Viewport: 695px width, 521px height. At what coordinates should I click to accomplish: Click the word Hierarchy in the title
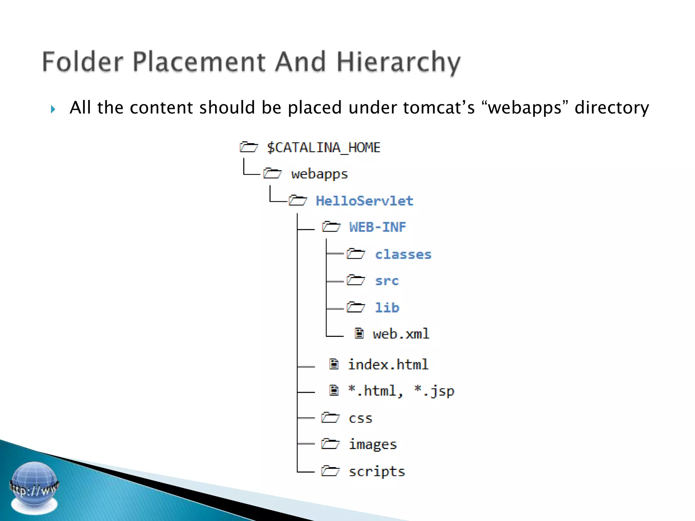tap(398, 62)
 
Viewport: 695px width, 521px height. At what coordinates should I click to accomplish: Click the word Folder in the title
tap(82, 62)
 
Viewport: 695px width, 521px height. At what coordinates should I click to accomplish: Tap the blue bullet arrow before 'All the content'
tap(53, 109)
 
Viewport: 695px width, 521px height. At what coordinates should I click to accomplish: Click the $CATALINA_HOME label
tap(323, 148)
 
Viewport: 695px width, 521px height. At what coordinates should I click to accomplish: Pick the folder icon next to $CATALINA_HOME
tap(249, 147)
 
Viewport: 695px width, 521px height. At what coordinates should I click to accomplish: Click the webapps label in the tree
tap(319, 174)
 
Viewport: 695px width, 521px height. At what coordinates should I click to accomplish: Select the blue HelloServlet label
tap(364, 201)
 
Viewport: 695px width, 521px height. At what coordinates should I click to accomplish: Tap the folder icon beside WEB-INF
tap(331, 227)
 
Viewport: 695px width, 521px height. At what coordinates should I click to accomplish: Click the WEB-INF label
tap(377, 227)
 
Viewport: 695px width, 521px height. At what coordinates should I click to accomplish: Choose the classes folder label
tap(403, 254)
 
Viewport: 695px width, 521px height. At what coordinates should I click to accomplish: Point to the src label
tap(387, 281)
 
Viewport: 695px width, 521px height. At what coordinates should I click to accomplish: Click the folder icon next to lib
tap(356, 307)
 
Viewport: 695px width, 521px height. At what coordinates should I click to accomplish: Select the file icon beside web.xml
tap(359, 333)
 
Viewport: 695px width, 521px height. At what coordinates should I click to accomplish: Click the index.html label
tap(388, 365)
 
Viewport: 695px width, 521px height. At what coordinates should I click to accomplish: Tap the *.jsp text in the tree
tap(434, 391)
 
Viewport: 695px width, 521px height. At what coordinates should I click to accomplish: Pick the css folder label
tap(360, 418)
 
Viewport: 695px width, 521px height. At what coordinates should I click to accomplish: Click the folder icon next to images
tap(330, 444)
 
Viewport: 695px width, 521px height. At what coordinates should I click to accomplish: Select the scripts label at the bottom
tap(377, 471)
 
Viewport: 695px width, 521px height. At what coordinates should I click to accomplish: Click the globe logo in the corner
tap(34, 487)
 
